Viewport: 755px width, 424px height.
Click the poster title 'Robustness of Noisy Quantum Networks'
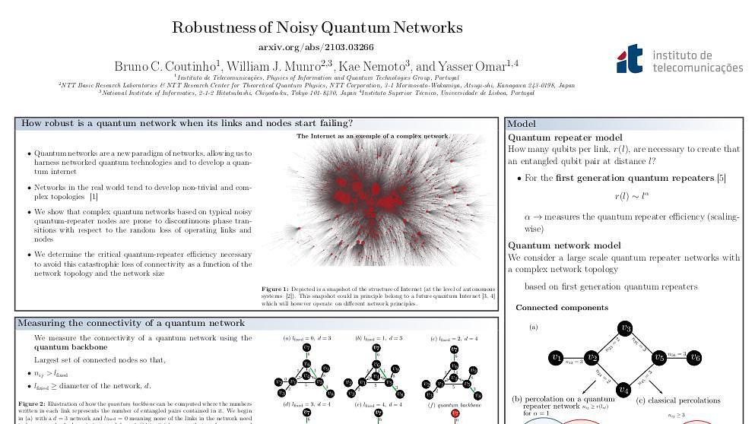tap(317, 28)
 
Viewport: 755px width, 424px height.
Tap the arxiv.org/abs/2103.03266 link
tap(316, 47)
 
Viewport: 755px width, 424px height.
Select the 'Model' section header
tap(522, 124)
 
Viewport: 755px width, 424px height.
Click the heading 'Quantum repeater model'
tap(564, 138)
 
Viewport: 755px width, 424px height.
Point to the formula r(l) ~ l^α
tap(632, 196)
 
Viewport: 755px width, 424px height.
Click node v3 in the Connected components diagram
tap(625, 328)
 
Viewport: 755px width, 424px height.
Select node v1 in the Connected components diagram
tap(556, 357)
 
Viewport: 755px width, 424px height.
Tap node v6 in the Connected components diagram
tap(694, 357)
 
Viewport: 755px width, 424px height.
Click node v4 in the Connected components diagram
tap(624, 390)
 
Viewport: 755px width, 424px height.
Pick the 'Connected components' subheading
tap(561, 308)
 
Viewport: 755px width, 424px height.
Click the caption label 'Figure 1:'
tap(274, 290)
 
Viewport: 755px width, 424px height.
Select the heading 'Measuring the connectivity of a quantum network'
tap(131, 323)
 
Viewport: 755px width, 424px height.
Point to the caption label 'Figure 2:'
tap(31, 403)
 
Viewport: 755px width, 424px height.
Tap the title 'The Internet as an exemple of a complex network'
tap(372, 136)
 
